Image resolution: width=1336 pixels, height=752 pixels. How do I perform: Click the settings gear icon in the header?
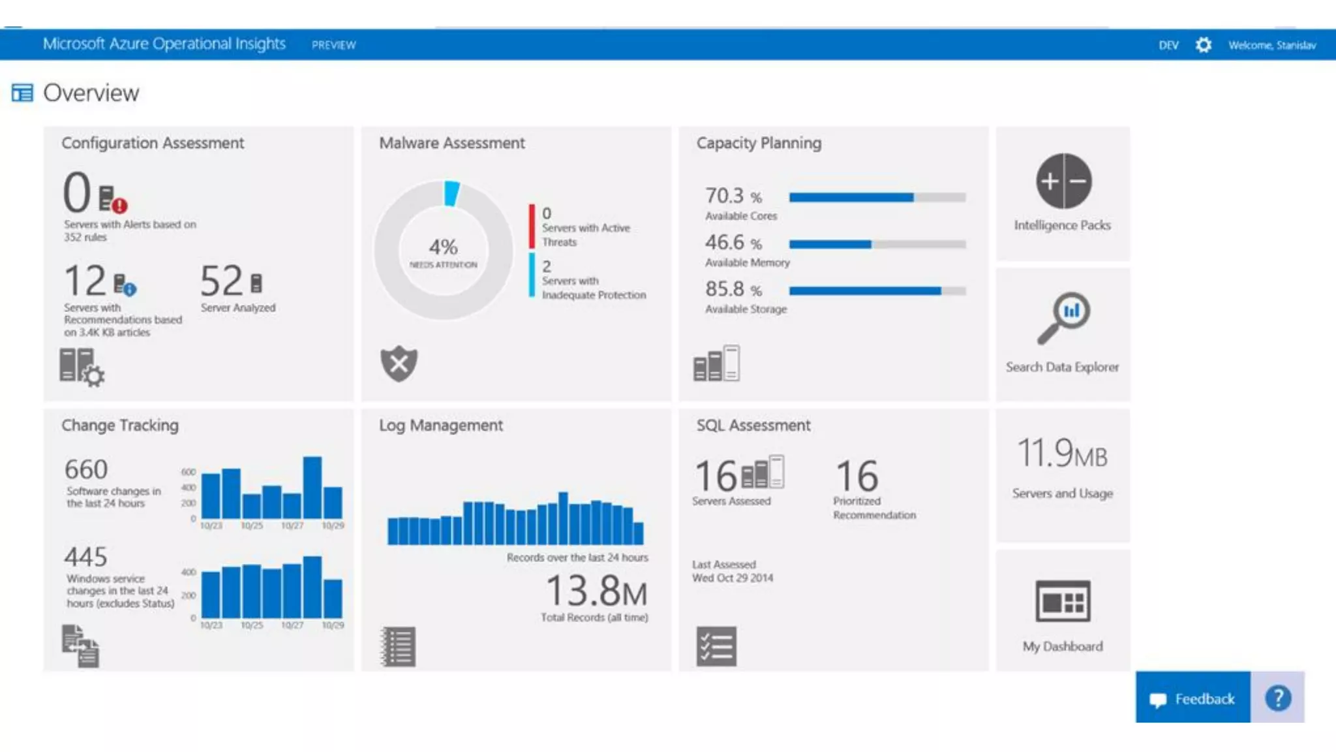(1204, 45)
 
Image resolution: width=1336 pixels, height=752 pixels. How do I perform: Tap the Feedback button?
(1192, 699)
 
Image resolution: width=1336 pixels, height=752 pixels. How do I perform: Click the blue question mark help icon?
(1278, 698)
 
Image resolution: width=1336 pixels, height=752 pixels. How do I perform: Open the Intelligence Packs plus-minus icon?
(1063, 181)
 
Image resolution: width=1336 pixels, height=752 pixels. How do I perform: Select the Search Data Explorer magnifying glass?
(1063, 317)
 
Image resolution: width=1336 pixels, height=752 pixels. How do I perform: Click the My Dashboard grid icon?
(1063, 601)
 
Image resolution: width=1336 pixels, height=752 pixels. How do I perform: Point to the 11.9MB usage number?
(1062, 454)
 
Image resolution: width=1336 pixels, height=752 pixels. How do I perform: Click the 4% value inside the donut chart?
(444, 247)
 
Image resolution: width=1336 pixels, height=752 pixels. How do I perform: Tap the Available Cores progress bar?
(877, 197)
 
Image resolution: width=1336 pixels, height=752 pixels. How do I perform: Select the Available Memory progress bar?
(877, 244)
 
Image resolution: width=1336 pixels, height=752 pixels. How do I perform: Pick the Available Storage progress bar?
(877, 291)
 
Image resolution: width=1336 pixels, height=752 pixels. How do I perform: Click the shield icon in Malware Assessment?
(399, 364)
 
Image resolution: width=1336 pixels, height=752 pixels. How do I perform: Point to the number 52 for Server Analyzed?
(222, 281)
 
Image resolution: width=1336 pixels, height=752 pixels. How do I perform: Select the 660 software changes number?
(86, 469)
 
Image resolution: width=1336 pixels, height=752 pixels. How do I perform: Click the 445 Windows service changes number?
(85, 557)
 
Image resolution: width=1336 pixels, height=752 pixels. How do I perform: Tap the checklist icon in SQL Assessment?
(716, 646)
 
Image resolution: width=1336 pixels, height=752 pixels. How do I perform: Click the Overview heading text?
(91, 93)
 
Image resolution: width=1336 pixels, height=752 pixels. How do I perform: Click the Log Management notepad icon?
(398, 646)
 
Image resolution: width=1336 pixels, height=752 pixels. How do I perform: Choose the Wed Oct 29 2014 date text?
(733, 578)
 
